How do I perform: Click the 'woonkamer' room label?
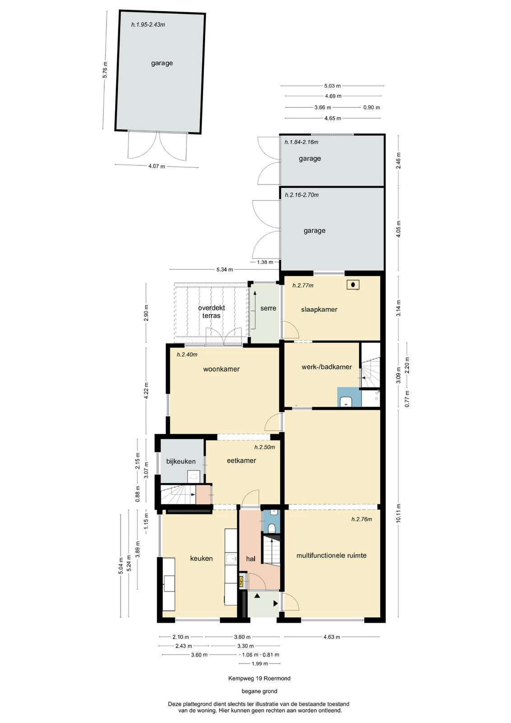pyautogui.click(x=221, y=369)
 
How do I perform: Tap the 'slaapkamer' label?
pyautogui.click(x=319, y=309)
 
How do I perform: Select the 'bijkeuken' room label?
pyautogui.click(x=181, y=461)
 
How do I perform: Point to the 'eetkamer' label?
pyautogui.click(x=242, y=460)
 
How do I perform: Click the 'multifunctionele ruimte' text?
pyautogui.click(x=331, y=555)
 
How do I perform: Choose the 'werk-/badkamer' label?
pyautogui.click(x=326, y=366)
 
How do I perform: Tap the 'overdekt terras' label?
pyautogui.click(x=212, y=311)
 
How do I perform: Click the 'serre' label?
pyautogui.click(x=268, y=308)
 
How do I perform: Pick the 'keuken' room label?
pyautogui.click(x=201, y=558)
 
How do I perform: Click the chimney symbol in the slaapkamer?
pyautogui.click(x=353, y=285)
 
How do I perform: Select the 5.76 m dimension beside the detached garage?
pyautogui.click(x=105, y=70)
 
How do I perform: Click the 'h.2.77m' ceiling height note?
pyautogui.click(x=303, y=285)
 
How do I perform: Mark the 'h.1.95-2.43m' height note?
pyautogui.click(x=148, y=24)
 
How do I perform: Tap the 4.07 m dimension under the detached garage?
pyautogui.click(x=157, y=166)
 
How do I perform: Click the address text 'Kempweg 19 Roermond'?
pyautogui.click(x=260, y=678)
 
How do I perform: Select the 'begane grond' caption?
pyautogui.click(x=260, y=691)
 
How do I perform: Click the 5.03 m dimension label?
pyautogui.click(x=332, y=86)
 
